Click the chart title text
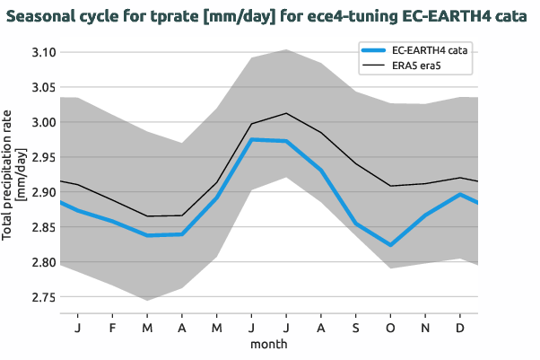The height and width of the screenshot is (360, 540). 269,17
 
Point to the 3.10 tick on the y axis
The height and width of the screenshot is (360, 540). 41,53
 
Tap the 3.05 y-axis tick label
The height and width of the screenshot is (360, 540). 41,88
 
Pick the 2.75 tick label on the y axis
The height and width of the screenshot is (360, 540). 41,298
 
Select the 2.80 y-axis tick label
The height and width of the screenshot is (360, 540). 41,263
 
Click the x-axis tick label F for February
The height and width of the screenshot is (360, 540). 112,328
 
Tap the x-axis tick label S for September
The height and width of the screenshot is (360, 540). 355,328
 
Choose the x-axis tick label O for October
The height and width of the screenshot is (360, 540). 390,328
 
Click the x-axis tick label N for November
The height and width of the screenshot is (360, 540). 425,328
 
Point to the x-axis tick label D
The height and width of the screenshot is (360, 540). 459,328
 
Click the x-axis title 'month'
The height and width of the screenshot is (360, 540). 268,344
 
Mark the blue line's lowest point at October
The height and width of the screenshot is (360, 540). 390,245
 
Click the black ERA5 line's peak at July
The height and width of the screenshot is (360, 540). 285,113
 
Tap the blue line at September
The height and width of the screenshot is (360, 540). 355,224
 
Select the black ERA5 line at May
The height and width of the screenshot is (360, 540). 216,182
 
